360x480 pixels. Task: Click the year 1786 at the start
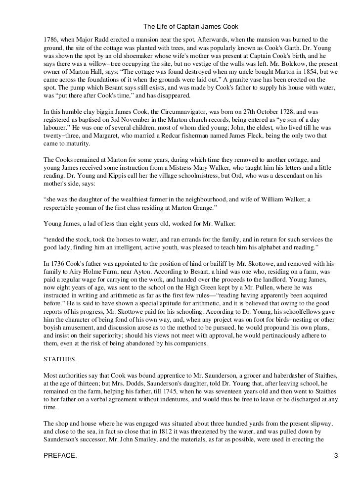click(x=50, y=39)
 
